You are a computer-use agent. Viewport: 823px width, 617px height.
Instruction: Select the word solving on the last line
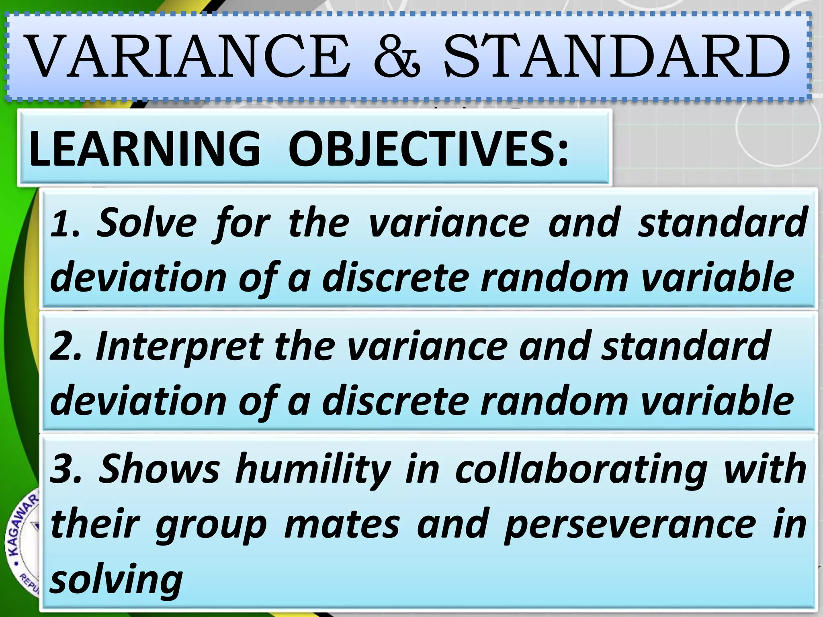117,580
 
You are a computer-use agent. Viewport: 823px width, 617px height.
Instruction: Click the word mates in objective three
342,524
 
